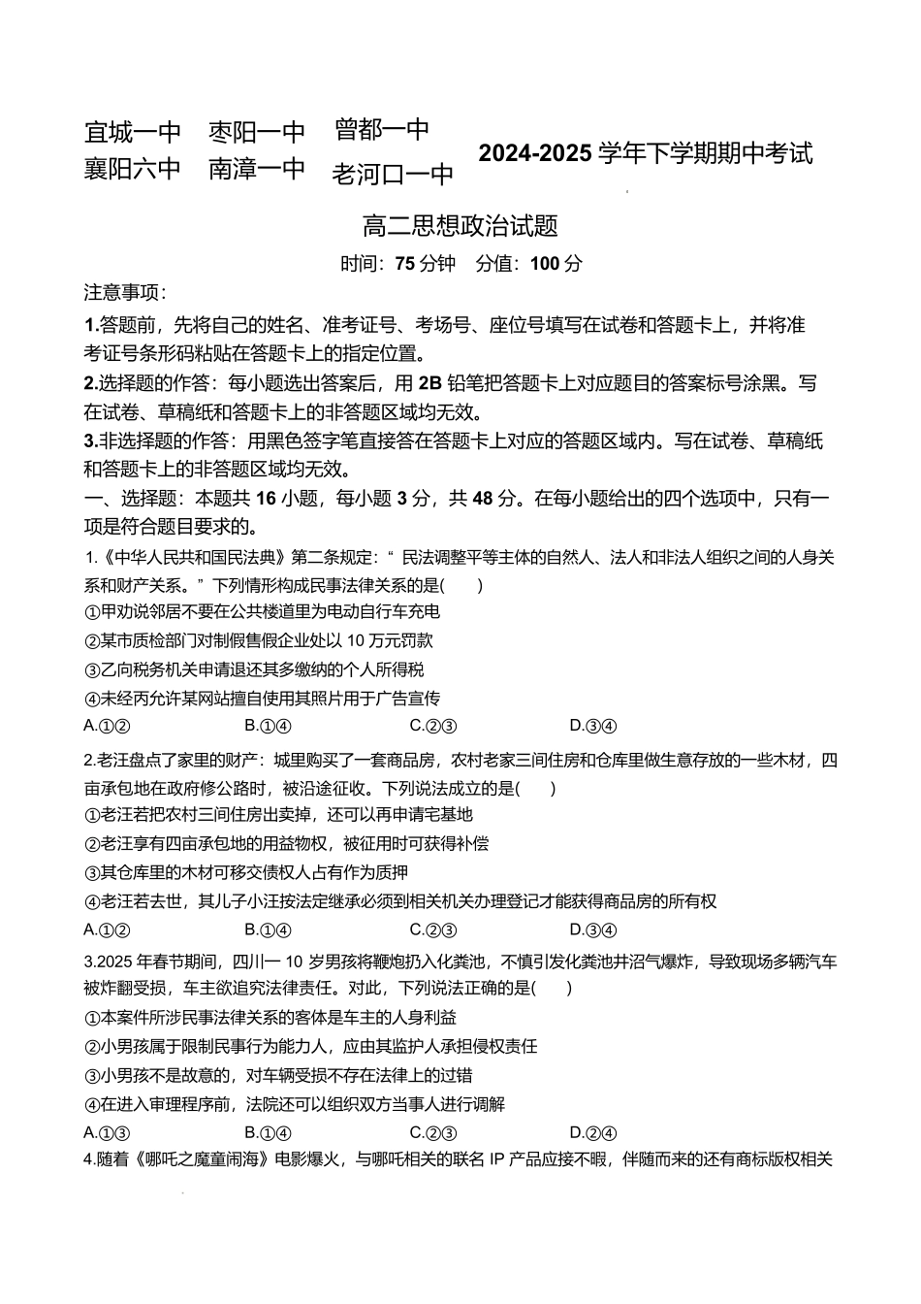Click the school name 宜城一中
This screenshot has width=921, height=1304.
pyautogui.click(x=133, y=131)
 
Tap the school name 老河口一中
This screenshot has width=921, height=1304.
pyautogui.click(x=393, y=175)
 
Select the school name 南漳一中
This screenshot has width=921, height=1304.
pyautogui.click(x=257, y=169)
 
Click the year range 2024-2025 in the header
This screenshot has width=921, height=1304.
pyautogui.click(x=534, y=153)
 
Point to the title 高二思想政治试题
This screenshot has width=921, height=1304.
pyautogui.click(x=460, y=226)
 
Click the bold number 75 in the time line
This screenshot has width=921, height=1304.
pyautogui.click(x=405, y=264)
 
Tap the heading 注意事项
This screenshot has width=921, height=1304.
pyautogui.click(x=125, y=293)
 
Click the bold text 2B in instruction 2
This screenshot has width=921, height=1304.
pyautogui.click(x=429, y=383)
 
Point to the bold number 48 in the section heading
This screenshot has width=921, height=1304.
pyautogui.click(x=484, y=500)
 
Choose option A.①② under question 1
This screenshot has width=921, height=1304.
pyautogui.click(x=107, y=726)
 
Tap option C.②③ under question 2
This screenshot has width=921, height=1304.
pyautogui.click(x=433, y=930)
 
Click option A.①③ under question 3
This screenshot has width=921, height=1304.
pyautogui.click(x=107, y=1133)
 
